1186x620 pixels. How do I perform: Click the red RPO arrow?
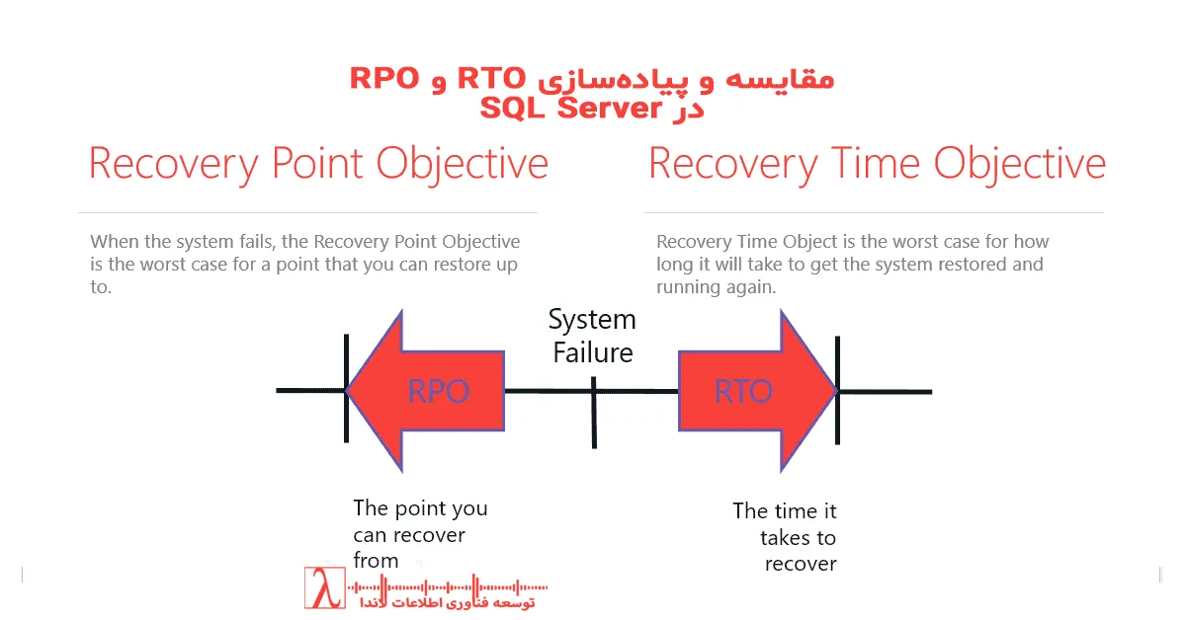(x=425, y=391)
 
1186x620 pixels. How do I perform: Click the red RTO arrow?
(x=756, y=391)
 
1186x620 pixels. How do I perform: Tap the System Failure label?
(x=592, y=336)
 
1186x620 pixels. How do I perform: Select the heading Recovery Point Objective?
(x=318, y=164)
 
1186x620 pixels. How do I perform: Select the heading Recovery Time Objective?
(x=876, y=164)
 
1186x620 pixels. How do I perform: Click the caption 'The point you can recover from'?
(x=420, y=534)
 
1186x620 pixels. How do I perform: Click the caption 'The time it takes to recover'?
(x=786, y=537)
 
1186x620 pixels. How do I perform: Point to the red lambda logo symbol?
(x=323, y=589)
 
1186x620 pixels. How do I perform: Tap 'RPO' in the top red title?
(x=384, y=79)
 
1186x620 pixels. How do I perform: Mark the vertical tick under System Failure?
(x=594, y=415)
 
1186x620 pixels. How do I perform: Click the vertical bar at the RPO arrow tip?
(x=346, y=390)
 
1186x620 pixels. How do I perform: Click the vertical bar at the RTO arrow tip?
(x=838, y=390)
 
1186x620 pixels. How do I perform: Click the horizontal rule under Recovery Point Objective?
(x=307, y=212)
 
